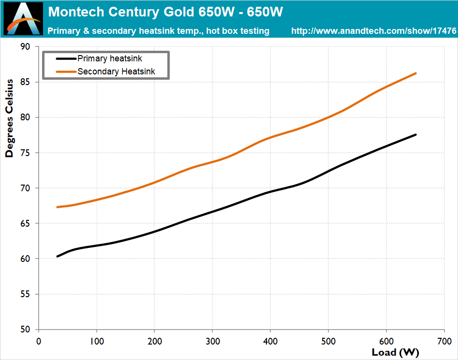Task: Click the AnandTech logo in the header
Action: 23,18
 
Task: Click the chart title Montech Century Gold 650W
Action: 165,12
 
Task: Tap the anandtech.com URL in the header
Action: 374,31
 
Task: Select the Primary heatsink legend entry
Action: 109,58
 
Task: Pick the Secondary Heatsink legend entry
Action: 116,72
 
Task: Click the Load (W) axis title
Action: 396,352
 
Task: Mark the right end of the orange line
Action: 415,73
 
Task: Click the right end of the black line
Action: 415,135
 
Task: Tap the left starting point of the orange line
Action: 57,207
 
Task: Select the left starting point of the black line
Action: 57,257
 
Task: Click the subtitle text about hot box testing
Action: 158,31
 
